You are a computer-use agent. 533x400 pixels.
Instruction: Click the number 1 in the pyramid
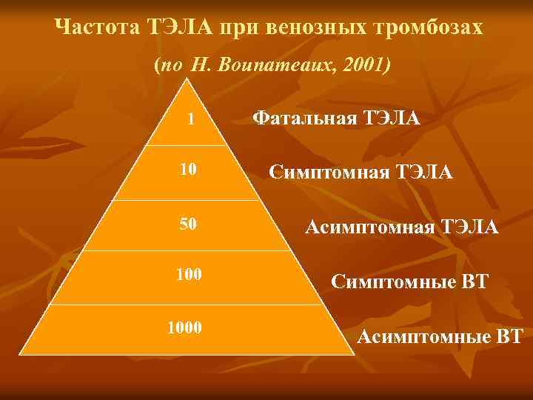coord(191,119)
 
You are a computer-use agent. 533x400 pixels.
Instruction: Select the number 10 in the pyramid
coord(188,170)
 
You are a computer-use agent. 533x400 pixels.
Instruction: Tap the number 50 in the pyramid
coord(188,224)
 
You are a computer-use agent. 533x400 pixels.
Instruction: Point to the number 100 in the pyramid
coord(188,275)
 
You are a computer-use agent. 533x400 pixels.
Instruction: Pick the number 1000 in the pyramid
coord(185,327)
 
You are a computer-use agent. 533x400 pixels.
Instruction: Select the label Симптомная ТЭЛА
coord(361,173)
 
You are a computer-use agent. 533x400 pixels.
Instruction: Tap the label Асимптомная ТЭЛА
coord(402,227)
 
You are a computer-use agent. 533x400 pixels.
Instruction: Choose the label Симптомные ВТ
coord(410,281)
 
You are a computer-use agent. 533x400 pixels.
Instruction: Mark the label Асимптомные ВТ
coord(440,337)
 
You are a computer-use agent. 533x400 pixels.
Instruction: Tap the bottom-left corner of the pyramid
coord(20,354)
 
